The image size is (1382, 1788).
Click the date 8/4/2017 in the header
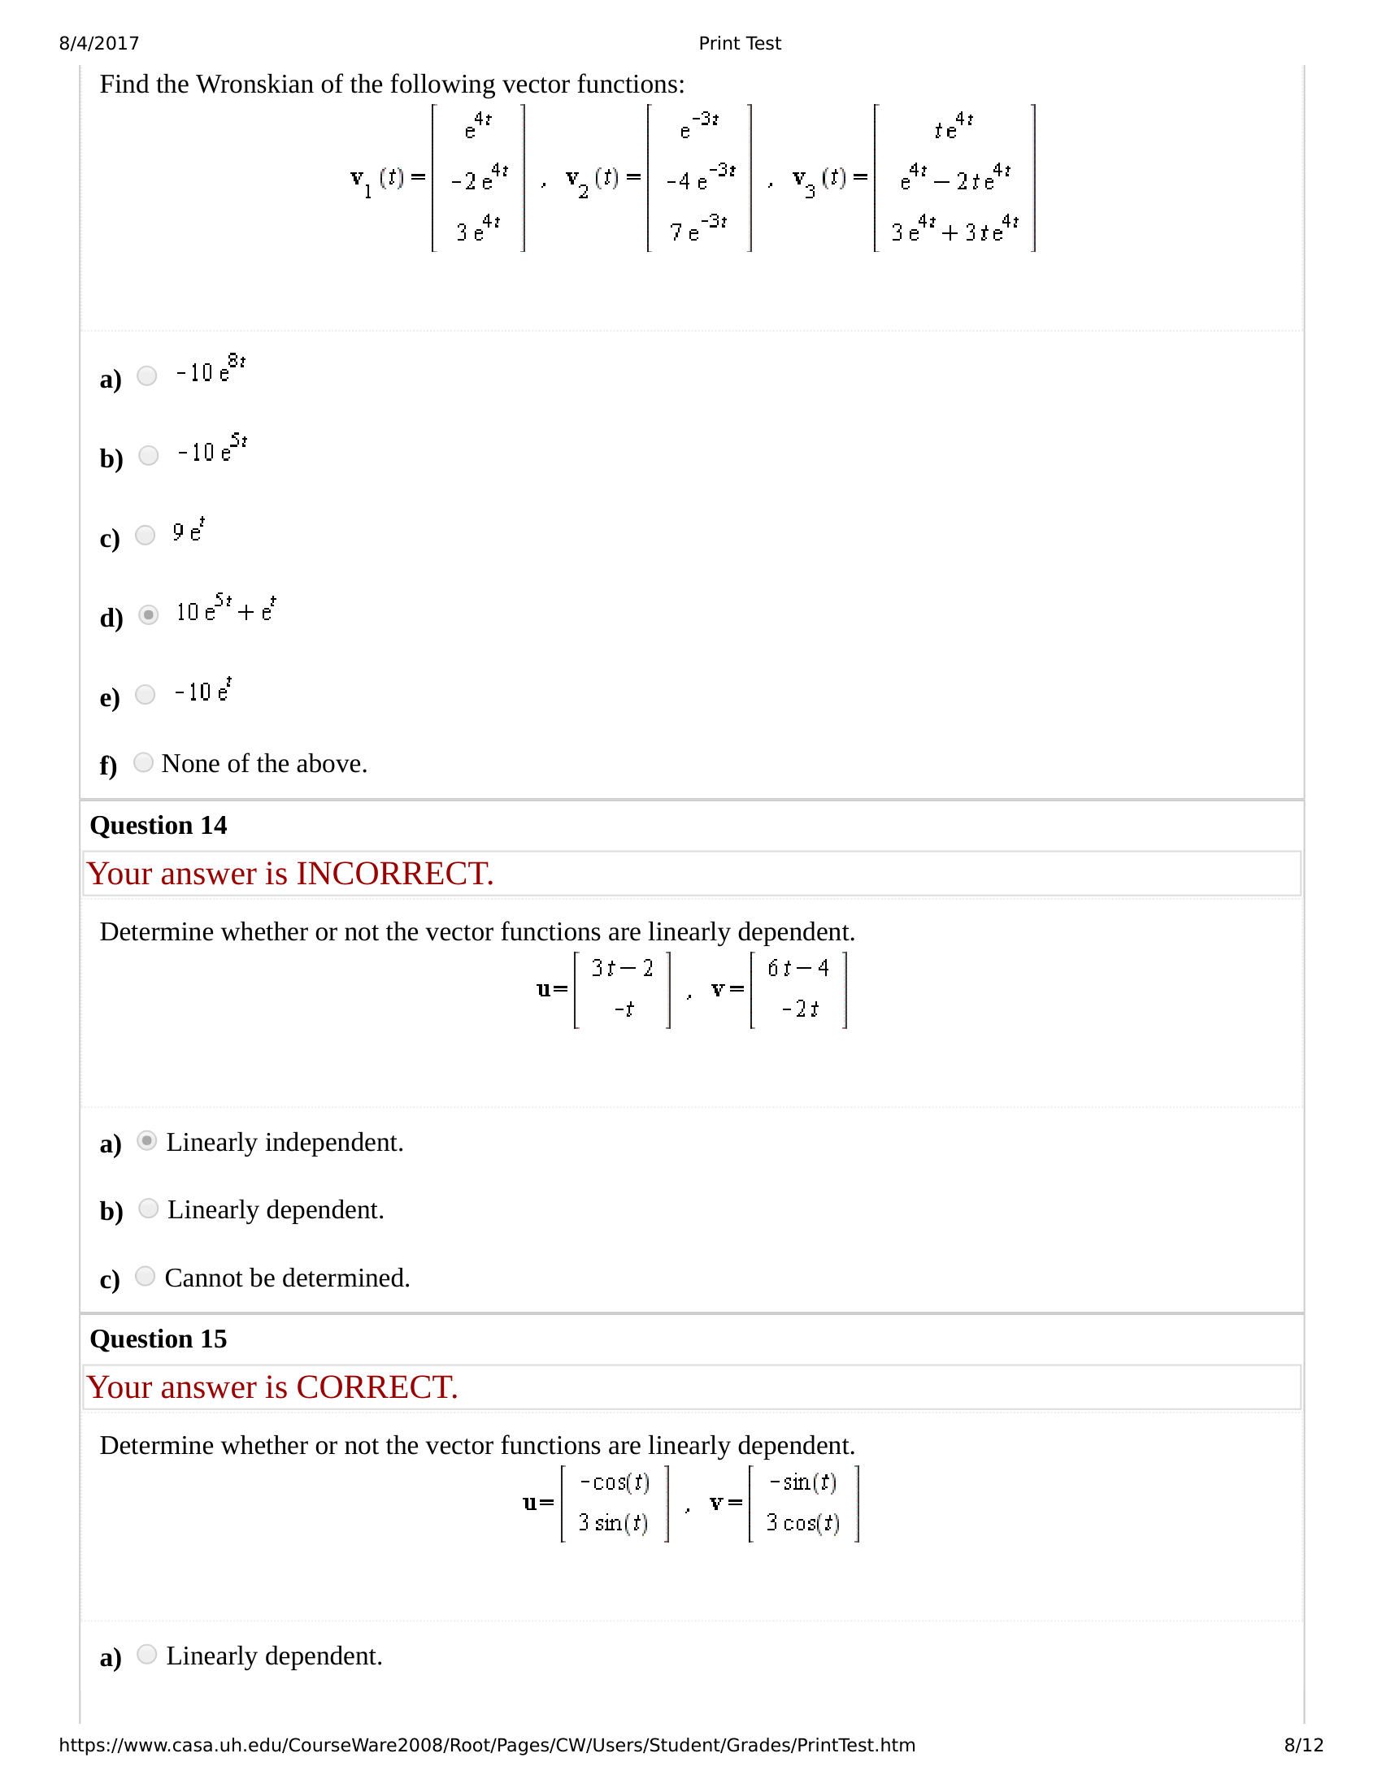coord(99,43)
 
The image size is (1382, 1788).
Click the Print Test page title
coord(739,43)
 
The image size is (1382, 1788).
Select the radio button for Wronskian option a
coord(147,375)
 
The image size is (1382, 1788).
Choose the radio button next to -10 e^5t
coord(148,455)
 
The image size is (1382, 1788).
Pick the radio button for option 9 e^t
coord(145,536)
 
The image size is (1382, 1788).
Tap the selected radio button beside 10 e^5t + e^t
coord(148,615)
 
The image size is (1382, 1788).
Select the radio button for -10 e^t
coord(145,695)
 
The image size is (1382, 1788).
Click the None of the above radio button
coord(143,763)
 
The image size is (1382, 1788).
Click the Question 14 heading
coord(158,825)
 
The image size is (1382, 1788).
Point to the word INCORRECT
coord(394,874)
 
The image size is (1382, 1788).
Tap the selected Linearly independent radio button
coord(147,1141)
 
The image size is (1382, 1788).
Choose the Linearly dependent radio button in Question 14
coord(148,1209)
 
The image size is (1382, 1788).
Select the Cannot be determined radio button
coord(145,1276)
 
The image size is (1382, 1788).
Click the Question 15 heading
coord(158,1339)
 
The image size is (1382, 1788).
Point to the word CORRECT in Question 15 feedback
coord(376,1387)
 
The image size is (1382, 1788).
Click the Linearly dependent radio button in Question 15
coord(147,1655)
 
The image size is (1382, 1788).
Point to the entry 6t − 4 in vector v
coord(798,969)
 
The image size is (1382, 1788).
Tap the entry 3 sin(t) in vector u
coord(613,1523)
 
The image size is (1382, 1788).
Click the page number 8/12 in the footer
coord(1303,1746)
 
